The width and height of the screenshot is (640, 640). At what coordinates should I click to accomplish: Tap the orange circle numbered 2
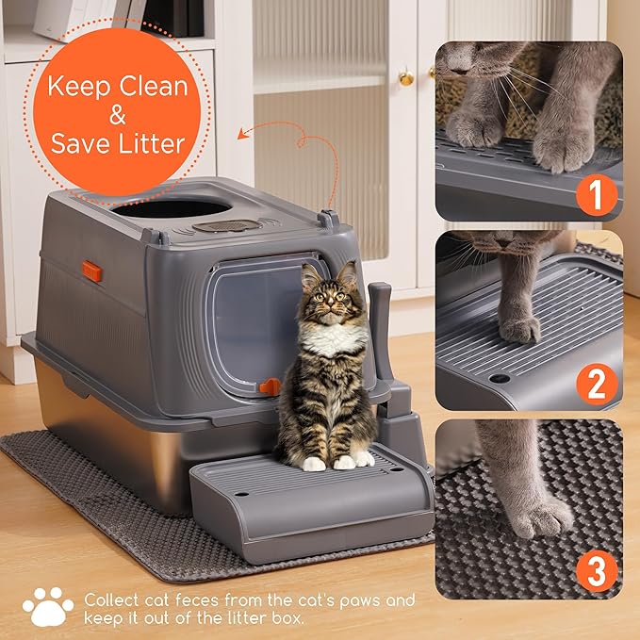(596, 385)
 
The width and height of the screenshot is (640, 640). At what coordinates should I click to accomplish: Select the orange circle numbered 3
(596, 571)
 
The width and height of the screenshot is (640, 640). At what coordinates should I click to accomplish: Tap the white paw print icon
(46, 608)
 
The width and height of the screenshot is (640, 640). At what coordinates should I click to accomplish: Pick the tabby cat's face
(322, 296)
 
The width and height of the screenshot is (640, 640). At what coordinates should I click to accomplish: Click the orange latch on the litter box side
(91, 271)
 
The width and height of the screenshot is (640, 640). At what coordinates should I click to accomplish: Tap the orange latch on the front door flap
(271, 386)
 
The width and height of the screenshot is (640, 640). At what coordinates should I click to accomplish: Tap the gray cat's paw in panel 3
(539, 514)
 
